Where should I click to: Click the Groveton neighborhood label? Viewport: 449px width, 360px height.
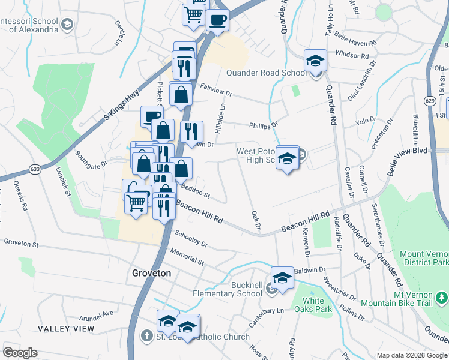[151, 273]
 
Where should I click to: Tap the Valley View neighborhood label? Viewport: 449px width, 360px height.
[66, 329]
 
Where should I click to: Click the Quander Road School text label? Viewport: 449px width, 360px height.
[266, 73]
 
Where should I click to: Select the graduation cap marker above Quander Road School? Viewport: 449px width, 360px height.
[315, 61]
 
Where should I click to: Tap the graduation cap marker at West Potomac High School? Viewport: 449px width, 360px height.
[288, 158]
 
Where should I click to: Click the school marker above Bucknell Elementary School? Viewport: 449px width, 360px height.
[282, 278]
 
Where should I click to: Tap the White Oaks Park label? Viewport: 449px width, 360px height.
[317, 305]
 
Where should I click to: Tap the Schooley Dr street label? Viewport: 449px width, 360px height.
[191, 240]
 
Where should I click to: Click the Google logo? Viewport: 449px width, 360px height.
[20, 353]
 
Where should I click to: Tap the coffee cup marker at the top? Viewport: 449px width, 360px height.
[217, 19]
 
